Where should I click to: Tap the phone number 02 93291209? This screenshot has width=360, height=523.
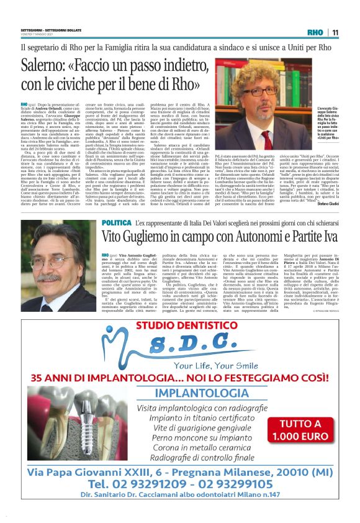(x=142, y=500)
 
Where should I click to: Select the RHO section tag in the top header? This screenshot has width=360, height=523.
(x=315, y=32)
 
